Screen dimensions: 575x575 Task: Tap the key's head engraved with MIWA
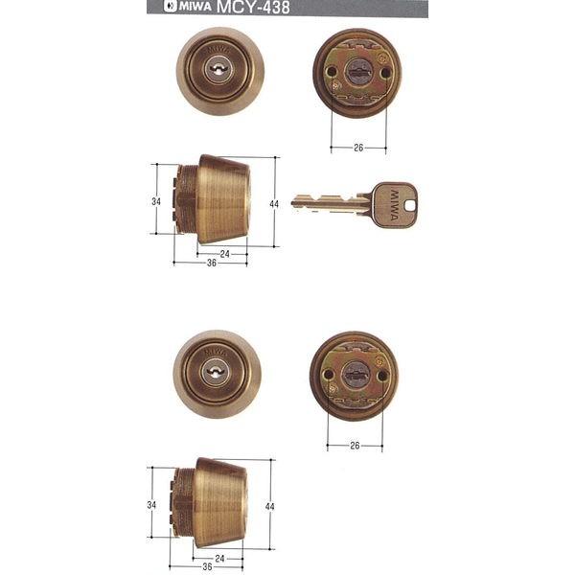pos(397,204)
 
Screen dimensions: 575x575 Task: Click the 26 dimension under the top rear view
pos(358,148)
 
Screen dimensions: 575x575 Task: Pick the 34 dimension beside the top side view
pos(154,201)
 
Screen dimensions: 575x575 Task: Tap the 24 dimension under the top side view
pos(223,254)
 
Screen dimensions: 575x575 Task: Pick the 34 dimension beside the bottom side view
pos(153,503)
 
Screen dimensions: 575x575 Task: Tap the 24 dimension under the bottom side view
pos(219,557)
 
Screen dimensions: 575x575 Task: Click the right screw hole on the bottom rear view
pos(382,376)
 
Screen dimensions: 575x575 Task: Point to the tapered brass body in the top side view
pos(225,199)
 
